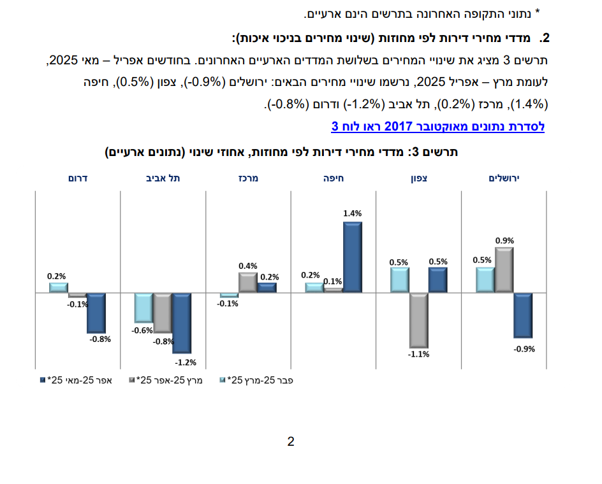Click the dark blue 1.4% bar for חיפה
click(353, 257)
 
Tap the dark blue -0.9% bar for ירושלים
click(523, 315)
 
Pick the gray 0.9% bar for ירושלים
click(504, 270)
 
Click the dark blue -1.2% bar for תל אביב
click(182, 323)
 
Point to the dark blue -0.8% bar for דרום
click(96, 313)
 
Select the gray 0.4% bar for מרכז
click(247, 282)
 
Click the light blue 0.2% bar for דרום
click(59, 288)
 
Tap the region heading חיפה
click(334, 178)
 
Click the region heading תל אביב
click(163, 178)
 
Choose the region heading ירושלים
click(504, 178)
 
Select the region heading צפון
click(418, 178)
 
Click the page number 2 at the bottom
click(291, 441)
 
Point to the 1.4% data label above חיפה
click(353, 213)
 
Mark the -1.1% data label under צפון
click(418, 354)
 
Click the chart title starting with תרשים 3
click(281, 153)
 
